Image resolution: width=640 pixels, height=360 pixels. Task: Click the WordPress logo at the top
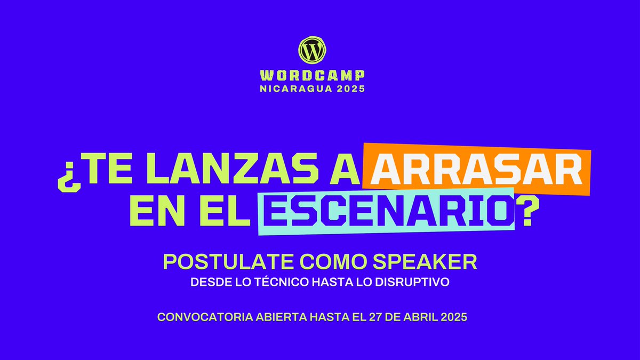coord(311,50)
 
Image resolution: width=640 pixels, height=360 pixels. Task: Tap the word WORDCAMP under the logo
coord(312,76)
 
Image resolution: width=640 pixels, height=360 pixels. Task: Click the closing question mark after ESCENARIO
coord(527,211)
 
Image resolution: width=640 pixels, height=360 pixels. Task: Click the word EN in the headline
coord(148,212)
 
